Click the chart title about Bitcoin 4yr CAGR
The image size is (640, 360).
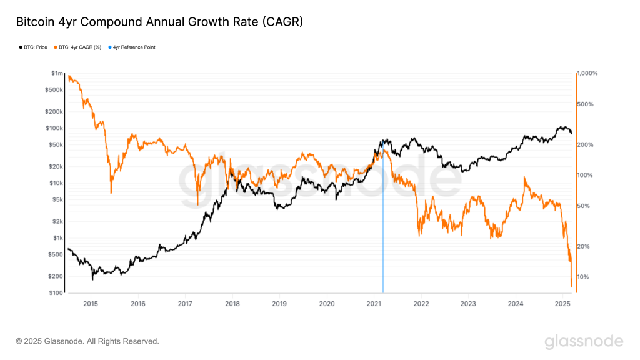point(159,22)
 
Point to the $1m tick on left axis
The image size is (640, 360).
point(57,74)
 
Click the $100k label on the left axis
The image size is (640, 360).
point(54,128)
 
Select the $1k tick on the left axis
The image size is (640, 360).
point(57,238)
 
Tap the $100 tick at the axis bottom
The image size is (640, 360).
point(56,292)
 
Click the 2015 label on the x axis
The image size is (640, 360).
point(91,304)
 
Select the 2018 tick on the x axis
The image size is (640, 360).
point(232,304)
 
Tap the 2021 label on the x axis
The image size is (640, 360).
point(374,304)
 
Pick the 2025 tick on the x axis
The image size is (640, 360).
point(562,304)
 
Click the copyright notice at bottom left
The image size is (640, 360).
point(87,341)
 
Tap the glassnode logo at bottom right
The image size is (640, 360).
point(584,341)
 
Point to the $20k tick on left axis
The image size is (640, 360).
point(56,166)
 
